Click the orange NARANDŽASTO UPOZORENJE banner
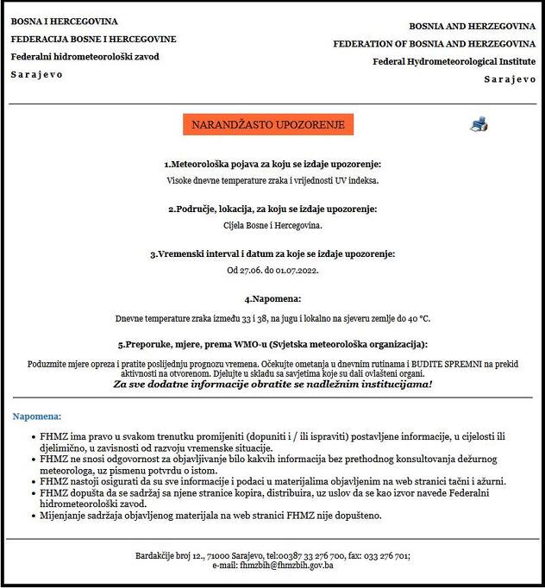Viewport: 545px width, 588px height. coord(268,125)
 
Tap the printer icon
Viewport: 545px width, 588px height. coord(479,124)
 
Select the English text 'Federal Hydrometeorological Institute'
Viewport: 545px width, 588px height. coord(454,61)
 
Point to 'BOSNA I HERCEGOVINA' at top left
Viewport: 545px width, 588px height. coord(65,22)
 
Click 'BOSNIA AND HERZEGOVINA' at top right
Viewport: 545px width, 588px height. coord(472,27)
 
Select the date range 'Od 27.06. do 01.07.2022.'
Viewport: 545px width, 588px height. coord(272,270)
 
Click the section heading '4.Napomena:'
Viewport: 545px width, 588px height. coord(272,298)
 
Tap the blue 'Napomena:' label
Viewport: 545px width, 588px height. coord(36,416)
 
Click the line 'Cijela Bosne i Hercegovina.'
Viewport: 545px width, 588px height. coord(272,225)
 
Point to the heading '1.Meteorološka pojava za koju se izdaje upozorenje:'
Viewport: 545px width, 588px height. coord(272,164)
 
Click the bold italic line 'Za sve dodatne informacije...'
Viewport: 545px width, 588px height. coord(272,384)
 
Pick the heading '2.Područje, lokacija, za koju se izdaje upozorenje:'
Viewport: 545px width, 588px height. coord(272,209)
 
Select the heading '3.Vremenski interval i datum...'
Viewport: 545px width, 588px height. coord(272,253)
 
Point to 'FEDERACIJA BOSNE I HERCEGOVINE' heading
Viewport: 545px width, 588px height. coord(93,39)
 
